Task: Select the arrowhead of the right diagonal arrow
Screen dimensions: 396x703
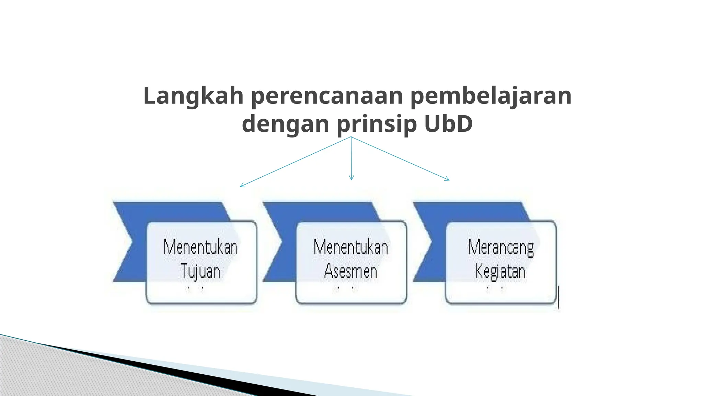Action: pos(448,179)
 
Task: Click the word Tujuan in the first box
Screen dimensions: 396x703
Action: pos(200,271)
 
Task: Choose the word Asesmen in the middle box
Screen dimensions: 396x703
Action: pos(351,271)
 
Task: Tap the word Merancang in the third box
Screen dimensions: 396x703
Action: pos(501,247)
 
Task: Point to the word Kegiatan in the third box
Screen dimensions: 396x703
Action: pos(501,271)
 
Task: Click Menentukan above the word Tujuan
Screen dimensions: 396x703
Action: pos(200,247)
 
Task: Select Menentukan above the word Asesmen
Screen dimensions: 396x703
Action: pos(351,247)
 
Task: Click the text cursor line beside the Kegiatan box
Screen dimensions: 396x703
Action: pos(558,297)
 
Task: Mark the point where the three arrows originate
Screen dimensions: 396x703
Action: pos(351,137)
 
